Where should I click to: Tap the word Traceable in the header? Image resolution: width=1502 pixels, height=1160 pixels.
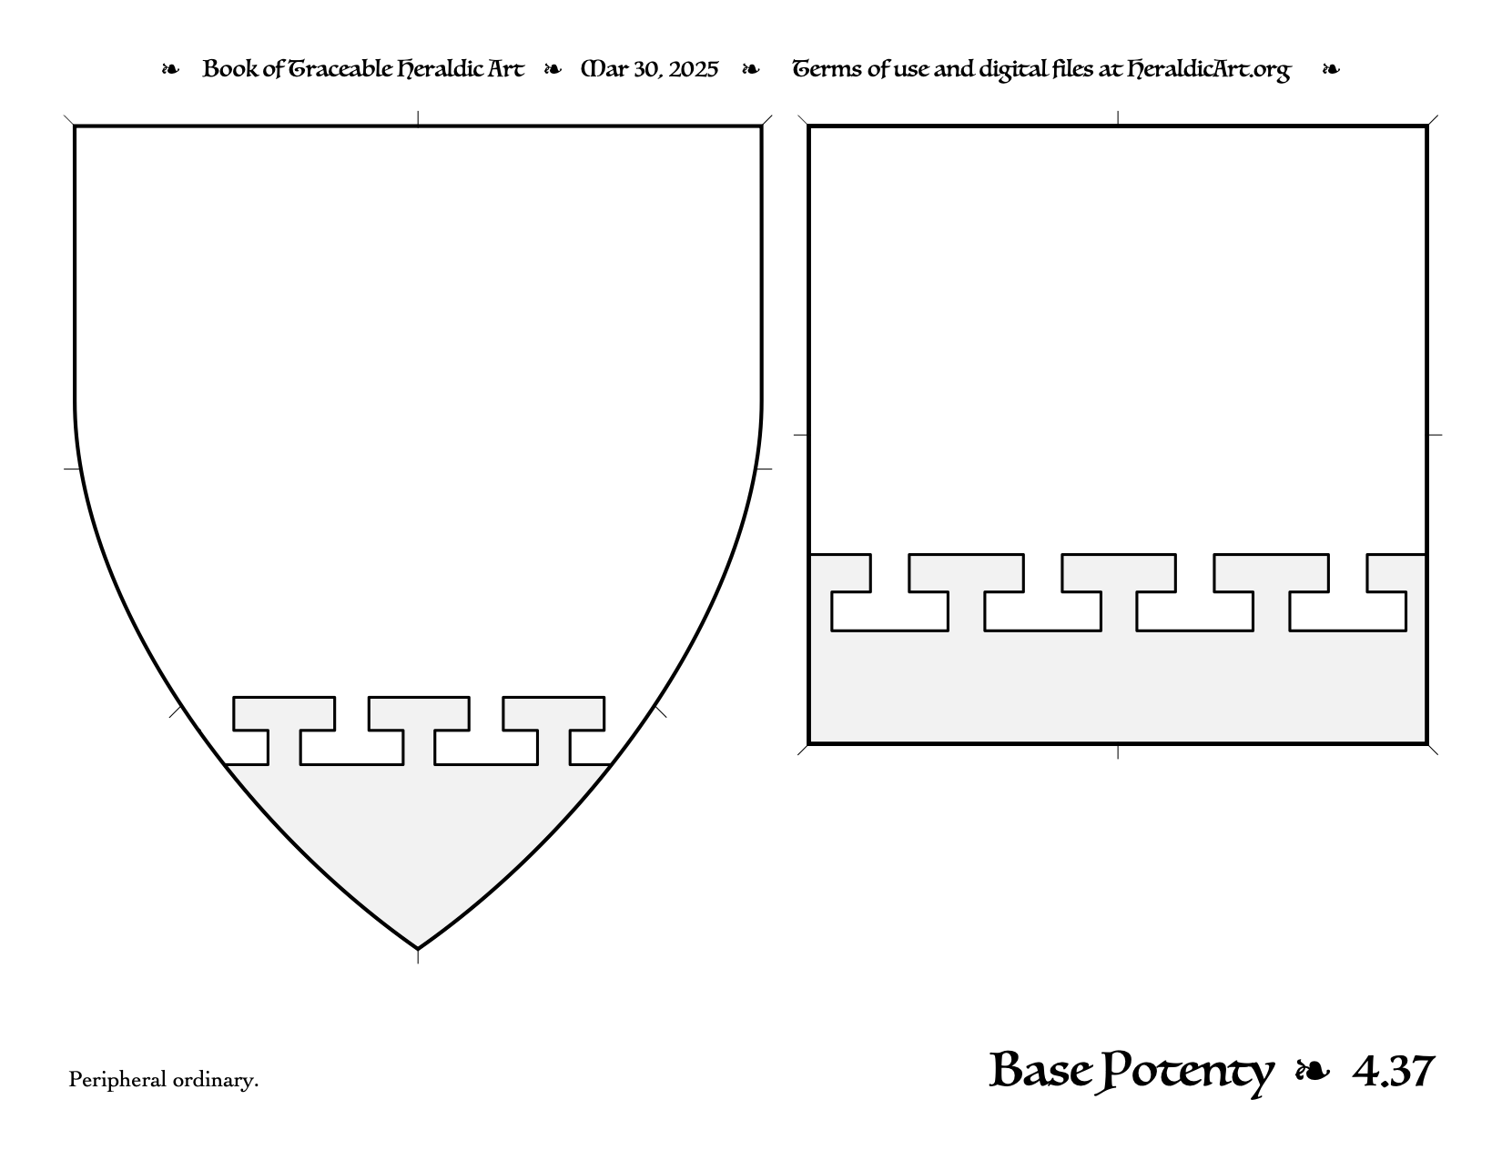point(340,69)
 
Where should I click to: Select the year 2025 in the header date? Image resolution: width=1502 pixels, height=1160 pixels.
point(693,69)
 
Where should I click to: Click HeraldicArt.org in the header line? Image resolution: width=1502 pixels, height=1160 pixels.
point(1208,70)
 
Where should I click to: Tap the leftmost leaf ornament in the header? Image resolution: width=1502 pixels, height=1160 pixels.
point(170,69)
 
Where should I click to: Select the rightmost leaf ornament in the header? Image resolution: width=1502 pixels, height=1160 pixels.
point(1331,69)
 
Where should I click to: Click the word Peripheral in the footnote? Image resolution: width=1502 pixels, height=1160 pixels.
point(117,1080)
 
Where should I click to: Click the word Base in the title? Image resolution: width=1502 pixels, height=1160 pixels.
point(1041,1070)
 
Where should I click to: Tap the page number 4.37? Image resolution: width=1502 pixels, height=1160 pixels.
point(1394,1072)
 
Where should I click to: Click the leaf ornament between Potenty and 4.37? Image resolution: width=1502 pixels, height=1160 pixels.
point(1313,1072)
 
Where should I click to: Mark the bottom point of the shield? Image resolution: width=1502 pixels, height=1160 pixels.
point(418,949)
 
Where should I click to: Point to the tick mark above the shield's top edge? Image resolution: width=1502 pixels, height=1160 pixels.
point(418,117)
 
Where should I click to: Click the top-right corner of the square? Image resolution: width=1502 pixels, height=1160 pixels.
point(1426,126)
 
